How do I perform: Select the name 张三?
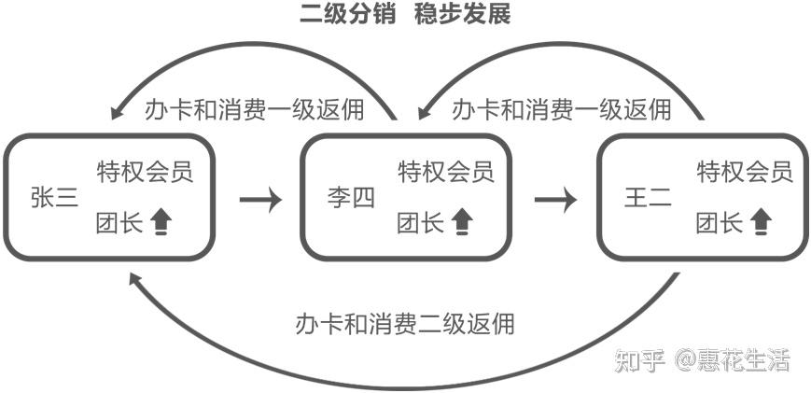[54, 199]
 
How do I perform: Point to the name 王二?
[648, 199]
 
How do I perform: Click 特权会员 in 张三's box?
[145, 172]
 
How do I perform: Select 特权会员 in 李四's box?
[446, 172]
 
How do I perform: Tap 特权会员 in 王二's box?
[745, 172]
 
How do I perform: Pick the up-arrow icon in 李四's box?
[462, 223]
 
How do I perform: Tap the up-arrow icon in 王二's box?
[762, 223]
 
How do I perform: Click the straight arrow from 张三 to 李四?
[260, 199]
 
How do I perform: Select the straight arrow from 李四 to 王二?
[555, 199]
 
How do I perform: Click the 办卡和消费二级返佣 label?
[404, 324]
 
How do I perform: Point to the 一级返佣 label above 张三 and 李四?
[254, 109]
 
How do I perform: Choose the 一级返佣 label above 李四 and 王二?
[561, 109]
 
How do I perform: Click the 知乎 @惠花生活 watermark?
[702, 360]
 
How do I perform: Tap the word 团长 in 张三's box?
[118, 223]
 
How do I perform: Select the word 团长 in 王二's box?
[719, 223]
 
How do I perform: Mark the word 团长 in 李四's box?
[419, 223]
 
